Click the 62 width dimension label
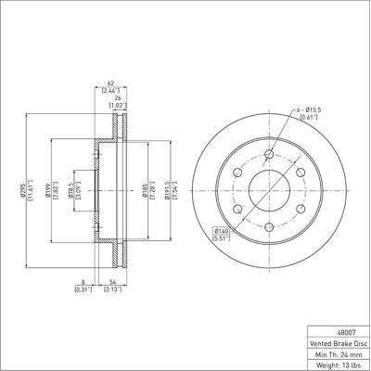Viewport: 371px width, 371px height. pyautogui.click(x=110, y=83)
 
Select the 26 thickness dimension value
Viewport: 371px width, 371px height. pyautogui.click(x=118, y=98)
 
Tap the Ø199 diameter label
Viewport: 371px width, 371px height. pyautogui.click(x=48, y=191)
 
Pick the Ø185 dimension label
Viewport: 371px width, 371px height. pyautogui.click(x=145, y=191)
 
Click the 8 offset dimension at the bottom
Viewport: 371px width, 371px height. pyautogui.click(x=83, y=282)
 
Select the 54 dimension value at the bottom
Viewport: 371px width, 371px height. pyautogui.click(x=112, y=282)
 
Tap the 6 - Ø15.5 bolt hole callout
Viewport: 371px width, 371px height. pyautogui.click(x=309, y=109)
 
